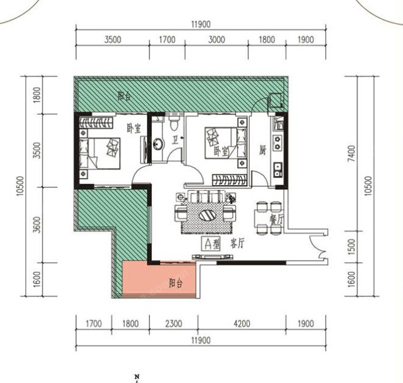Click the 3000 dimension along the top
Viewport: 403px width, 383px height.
[x=217, y=39]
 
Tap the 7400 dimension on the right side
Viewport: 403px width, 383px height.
[x=351, y=154]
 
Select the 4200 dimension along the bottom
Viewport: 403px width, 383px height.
[x=242, y=323]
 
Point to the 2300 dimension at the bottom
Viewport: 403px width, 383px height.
[x=174, y=323]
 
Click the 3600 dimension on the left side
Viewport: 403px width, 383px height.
[x=38, y=225]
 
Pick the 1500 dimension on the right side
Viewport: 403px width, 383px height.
[x=351, y=247]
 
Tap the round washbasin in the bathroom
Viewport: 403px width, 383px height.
[x=158, y=144]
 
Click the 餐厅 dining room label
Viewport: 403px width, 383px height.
[x=276, y=219]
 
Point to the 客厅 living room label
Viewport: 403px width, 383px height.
[x=237, y=243]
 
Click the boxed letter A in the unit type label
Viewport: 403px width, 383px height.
[x=208, y=244]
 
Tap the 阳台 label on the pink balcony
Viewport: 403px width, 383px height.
[x=176, y=283]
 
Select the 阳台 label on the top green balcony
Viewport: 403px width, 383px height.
[x=124, y=97]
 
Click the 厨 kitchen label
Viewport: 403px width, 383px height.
[x=263, y=151]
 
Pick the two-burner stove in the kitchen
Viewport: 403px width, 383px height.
[x=277, y=143]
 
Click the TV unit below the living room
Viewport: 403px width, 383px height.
[x=213, y=256]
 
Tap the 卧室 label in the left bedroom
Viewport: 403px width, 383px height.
[x=134, y=128]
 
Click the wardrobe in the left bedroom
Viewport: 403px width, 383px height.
[x=96, y=122]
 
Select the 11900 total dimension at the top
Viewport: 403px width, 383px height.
[x=201, y=25]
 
